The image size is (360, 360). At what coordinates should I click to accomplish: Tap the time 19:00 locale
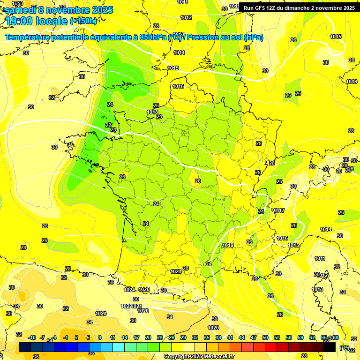pos(36,21)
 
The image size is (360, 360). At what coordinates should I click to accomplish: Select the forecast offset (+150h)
pos(83,21)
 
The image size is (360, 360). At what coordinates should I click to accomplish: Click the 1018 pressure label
pos(152,112)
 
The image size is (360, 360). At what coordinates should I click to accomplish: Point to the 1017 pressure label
pos(280,210)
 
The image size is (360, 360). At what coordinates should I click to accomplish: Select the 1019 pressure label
pos(228,245)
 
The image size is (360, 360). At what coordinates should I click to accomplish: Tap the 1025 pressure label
pos(144,289)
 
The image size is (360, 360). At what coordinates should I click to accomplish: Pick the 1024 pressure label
pos(129,290)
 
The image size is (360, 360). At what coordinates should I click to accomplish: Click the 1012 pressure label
pos(186,17)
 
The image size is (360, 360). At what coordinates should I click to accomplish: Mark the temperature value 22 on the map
pos(109,125)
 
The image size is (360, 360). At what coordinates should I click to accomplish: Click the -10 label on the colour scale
pos(32,337)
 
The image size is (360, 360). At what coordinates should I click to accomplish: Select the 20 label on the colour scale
pos(148,337)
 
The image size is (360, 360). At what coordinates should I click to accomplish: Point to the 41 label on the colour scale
pos(230,337)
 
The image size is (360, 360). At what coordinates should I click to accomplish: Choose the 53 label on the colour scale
pos(277,337)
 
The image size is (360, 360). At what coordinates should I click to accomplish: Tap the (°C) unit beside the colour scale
pos(345,348)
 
